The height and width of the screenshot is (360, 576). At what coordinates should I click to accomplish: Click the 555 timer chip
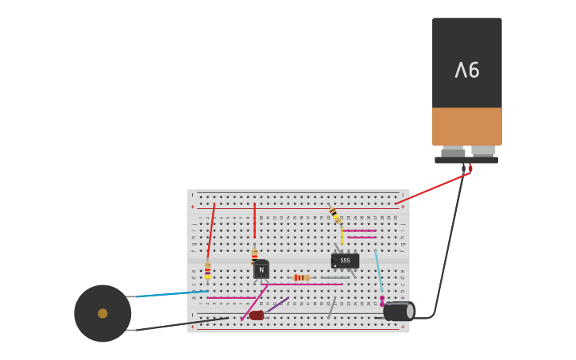345,261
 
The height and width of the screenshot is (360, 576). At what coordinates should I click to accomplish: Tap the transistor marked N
261,269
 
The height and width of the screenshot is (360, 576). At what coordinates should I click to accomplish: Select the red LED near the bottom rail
256,315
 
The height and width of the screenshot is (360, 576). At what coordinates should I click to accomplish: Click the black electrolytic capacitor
398,312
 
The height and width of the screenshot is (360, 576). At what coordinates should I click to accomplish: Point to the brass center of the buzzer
102,313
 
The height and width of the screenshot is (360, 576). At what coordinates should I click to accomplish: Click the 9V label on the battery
467,71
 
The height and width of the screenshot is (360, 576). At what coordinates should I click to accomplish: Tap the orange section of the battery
467,126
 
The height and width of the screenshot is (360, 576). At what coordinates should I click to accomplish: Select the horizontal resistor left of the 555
301,277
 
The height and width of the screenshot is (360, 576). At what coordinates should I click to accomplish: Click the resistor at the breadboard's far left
207,270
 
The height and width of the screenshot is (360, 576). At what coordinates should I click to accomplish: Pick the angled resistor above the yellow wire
334,215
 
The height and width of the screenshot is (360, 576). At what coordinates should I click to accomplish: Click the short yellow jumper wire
342,236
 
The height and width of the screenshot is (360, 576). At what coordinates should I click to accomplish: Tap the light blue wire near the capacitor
378,270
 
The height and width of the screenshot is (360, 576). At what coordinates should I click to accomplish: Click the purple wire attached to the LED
277,304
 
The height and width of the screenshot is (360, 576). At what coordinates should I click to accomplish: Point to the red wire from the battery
433,188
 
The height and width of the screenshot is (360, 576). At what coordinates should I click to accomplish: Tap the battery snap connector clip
466,159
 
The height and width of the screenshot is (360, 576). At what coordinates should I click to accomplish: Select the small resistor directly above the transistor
254,255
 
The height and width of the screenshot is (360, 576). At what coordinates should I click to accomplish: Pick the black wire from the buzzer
175,325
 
